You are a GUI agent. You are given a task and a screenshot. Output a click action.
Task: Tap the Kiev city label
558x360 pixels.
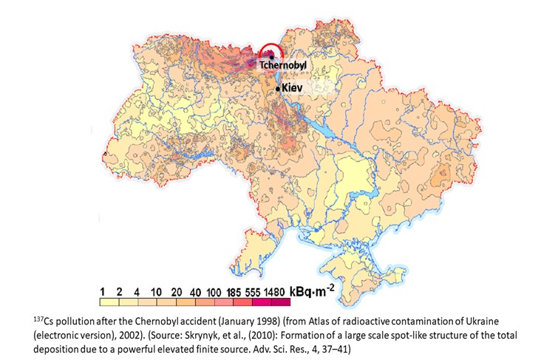(x=293, y=87)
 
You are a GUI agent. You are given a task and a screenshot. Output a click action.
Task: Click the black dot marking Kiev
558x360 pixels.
(x=278, y=89)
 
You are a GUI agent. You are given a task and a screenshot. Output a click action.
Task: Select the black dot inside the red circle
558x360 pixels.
(x=271, y=55)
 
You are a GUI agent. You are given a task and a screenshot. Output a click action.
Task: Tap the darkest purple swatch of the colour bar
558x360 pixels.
(x=279, y=300)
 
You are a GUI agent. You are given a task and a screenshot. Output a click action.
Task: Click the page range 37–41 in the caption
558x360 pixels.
(x=333, y=347)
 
